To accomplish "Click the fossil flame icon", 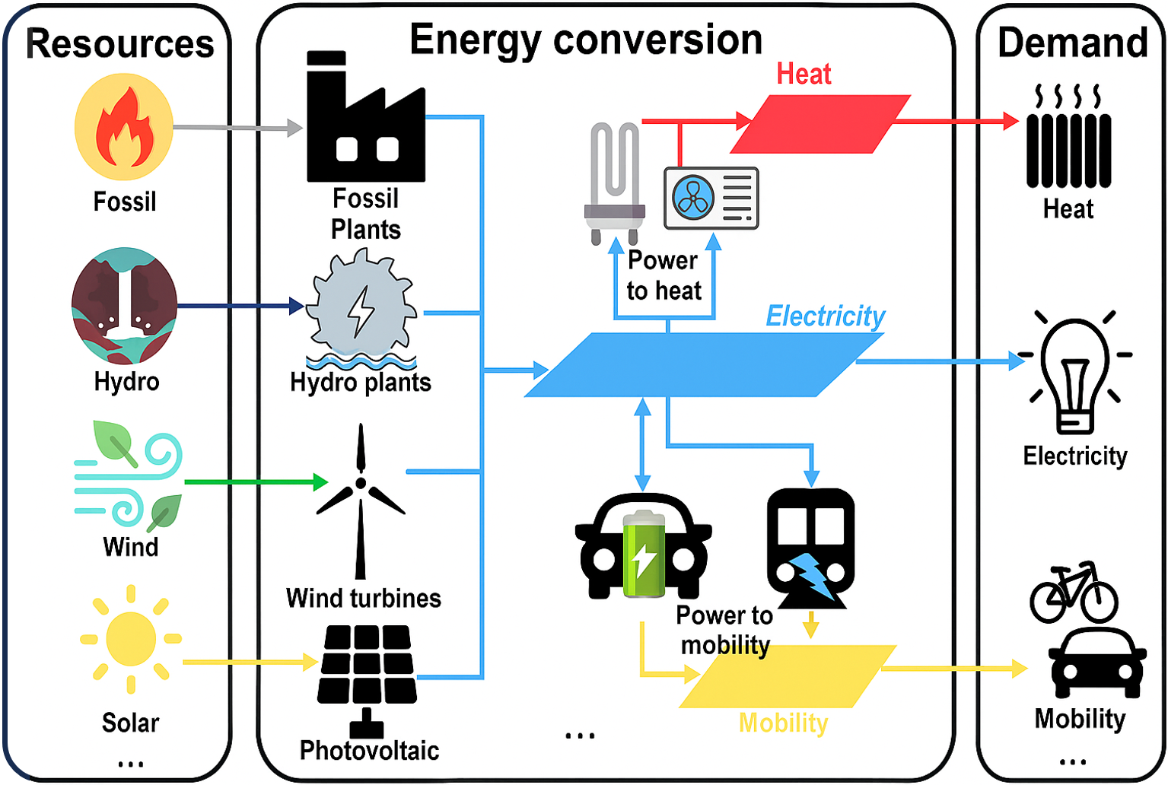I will pos(124,126).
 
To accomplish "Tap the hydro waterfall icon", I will pos(124,306).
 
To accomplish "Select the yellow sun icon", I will pos(131,639).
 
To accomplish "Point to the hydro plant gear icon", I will pos(362,308).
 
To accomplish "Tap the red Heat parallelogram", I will pos(820,124).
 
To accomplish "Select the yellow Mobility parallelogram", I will pos(788,676).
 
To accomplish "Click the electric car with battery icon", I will pos(644,547).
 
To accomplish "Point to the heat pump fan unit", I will pos(711,198).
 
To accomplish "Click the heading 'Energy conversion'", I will pos(586,40).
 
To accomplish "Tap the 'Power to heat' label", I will pos(664,275).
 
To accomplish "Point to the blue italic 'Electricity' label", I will pos(825,316).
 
